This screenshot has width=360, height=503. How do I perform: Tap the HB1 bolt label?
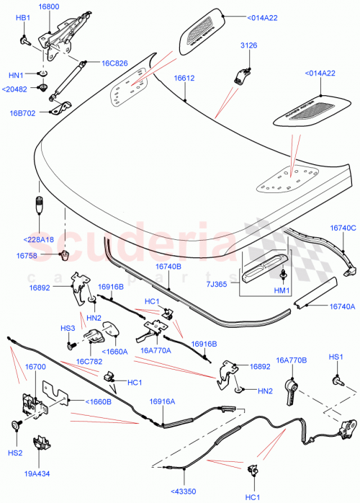click(x=23, y=17)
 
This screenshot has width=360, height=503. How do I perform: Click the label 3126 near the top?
click(x=248, y=45)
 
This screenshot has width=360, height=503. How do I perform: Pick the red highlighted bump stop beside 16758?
click(x=64, y=255)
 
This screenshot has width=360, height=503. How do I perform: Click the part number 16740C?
click(x=343, y=228)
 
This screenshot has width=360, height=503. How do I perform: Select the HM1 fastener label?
click(x=282, y=290)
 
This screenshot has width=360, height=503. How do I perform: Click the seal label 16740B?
click(x=168, y=266)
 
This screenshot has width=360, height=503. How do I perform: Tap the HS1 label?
click(x=336, y=357)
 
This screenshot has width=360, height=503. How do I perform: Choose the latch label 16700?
click(x=35, y=367)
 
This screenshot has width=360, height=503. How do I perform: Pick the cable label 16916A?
click(x=163, y=401)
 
